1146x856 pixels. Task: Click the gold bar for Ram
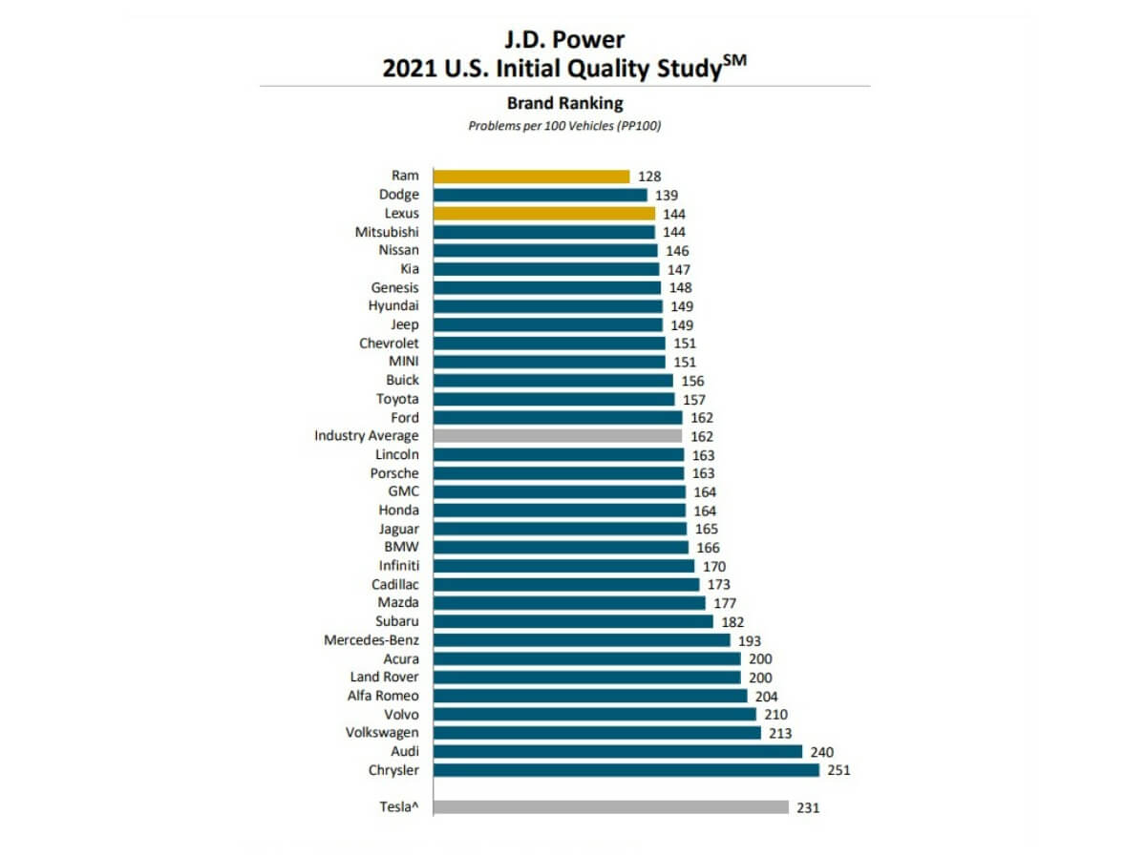pyautogui.click(x=531, y=177)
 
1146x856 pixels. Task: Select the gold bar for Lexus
pyautogui.click(x=543, y=214)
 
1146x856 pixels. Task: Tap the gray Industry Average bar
pyautogui.click(x=558, y=436)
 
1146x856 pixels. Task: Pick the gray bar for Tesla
pyautogui.click(x=610, y=807)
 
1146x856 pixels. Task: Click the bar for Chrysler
pyautogui.click(x=626, y=770)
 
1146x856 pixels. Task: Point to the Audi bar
pyautogui.click(x=617, y=752)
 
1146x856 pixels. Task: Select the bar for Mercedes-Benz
pyautogui.click(x=582, y=640)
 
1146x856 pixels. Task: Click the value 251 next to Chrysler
pyautogui.click(x=838, y=770)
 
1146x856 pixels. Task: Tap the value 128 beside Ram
pyautogui.click(x=649, y=177)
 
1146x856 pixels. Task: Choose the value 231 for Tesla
pyautogui.click(x=808, y=807)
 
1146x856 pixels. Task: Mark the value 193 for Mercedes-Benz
pyautogui.click(x=749, y=640)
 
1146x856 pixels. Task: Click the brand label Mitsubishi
pyautogui.click(x=386, y=232)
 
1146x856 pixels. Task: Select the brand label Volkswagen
pyautogui.click(x=382, y=733)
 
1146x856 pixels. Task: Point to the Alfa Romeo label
pyautogui.click(x=383, y=696)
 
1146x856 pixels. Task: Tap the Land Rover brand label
pyautogui.click(x=384, y=678)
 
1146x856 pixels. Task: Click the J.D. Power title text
pyautogui.click(x=564, y=41)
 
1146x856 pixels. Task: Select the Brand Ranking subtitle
pyautogui.click(x=564, y=103)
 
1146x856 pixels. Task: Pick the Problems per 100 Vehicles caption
pyautogui.click(x=564, y=126)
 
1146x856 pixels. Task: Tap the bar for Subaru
pyautogui.click(x=573, y=621)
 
